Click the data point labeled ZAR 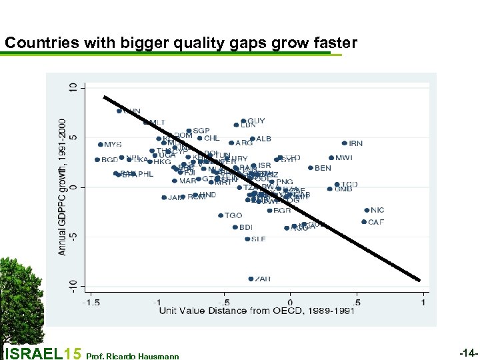point(251,279)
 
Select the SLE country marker point(247,239)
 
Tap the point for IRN point(345,143)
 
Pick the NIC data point point(367,210)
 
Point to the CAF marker point(364,222)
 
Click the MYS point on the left point(101,144)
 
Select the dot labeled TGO point(221,215)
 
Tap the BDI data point point(235,227)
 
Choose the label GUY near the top point(256,121)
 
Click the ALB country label point(264,139)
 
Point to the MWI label point(344,158)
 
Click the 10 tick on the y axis point(73,87)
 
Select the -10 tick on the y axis point(73,285)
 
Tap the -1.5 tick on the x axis point(91,303)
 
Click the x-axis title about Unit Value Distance point(256,311)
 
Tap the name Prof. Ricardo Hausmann point(133,356)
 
